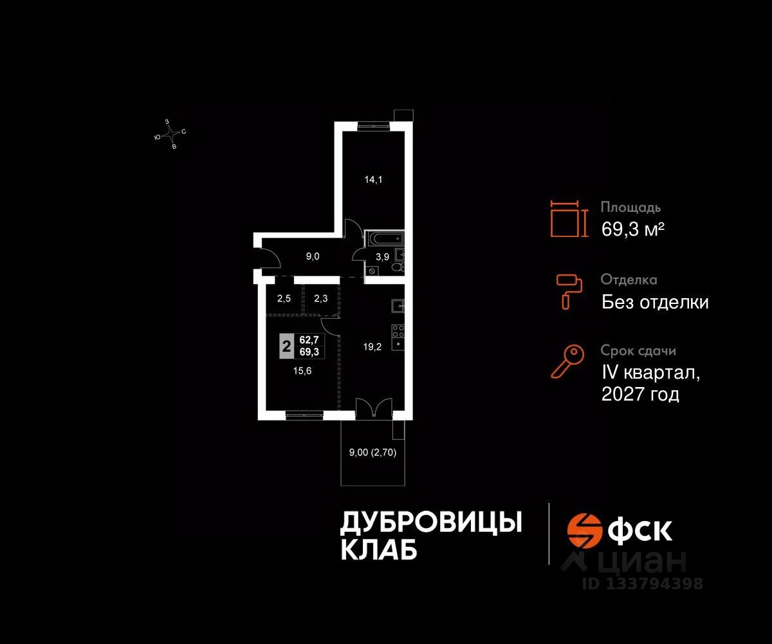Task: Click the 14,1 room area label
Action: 374,180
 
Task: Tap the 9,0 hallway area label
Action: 313,256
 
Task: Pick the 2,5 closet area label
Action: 284,298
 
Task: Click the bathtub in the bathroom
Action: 383,239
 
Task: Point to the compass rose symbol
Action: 170,134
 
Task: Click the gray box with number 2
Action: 286,346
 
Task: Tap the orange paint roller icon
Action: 569,290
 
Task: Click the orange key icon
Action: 567,362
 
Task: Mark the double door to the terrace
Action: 373,408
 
